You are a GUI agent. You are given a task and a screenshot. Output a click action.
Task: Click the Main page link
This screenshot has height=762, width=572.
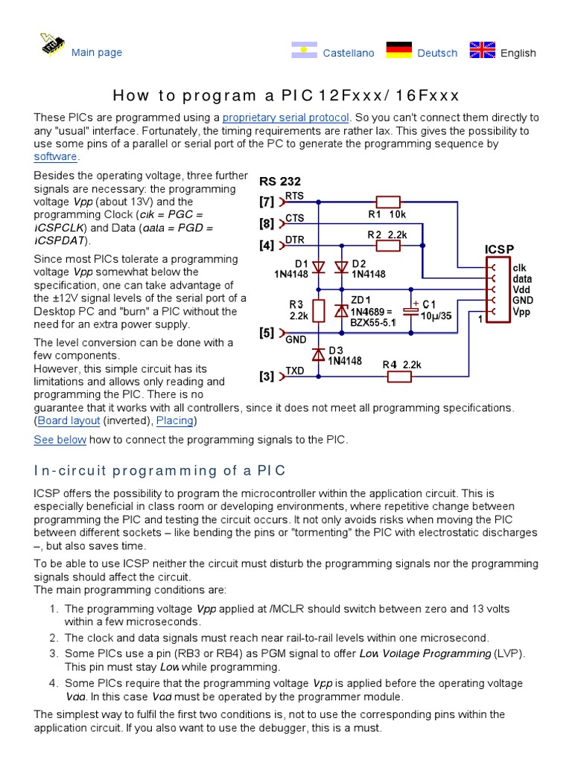click(x=96, y=52)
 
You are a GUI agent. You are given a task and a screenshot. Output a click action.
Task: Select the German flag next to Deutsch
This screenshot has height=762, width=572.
click(x=400, y=51)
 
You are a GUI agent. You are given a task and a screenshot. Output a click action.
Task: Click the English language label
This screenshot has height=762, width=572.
click(x=518, y=53)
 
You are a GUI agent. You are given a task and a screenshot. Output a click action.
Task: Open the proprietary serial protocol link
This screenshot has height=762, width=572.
click(x=285, y=118)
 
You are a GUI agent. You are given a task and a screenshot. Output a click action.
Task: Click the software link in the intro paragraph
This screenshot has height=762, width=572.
click(x=55, y=156)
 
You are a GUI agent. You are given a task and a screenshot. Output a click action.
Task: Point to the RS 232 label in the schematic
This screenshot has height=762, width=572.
click(x=280, y=181)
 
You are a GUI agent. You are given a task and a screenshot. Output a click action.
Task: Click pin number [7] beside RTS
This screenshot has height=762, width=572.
click(x=267, y=202)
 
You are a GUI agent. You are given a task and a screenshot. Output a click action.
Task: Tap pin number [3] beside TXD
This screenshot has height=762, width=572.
click(x=267, y=377)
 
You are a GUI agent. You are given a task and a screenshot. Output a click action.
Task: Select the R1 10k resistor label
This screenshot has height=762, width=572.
click(x=387, y=215)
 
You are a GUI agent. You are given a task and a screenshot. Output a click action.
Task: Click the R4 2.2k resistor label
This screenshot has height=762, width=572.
click(x=402, y=365)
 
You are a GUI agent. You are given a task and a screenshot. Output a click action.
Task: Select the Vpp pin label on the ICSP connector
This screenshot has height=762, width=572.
click(x=521, y=312)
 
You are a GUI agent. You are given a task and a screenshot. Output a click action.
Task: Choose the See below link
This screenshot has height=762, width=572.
click(x=60, y=440)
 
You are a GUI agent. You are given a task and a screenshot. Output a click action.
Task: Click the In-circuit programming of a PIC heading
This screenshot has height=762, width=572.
click(x=160, y=471)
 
